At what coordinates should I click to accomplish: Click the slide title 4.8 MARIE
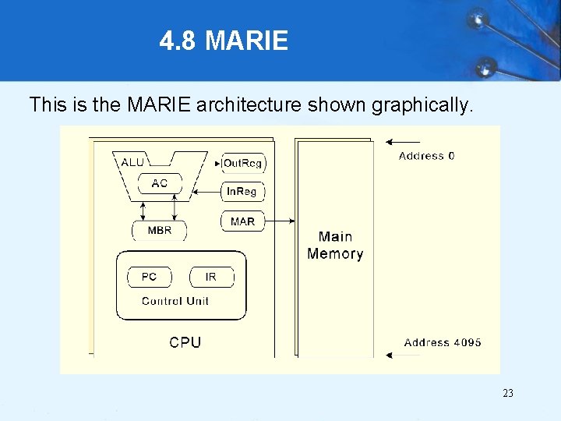click(224, 41)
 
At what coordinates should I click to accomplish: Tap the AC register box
click(160, 184)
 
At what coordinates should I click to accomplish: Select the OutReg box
click(242, 163)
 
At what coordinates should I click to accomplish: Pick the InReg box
click(243, 192)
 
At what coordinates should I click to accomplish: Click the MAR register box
click(242, 222)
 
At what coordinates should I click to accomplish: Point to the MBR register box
click(160, 231)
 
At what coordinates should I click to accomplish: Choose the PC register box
click(149, 278)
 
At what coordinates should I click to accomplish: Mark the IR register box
click(210, 278)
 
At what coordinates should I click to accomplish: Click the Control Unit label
click(175, 301)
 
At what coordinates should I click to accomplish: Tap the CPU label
click(185, 342)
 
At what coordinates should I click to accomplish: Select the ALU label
click(132, 162)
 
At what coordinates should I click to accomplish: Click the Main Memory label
click(335, 245)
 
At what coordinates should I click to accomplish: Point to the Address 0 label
click(427, 156)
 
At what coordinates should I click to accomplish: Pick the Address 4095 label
click(443, 342)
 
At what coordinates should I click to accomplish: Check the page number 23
click(508, 394)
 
